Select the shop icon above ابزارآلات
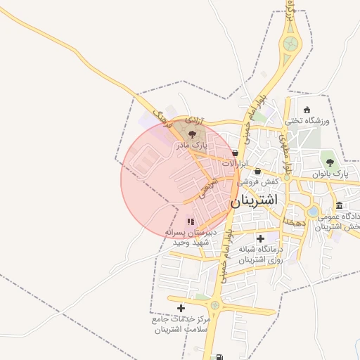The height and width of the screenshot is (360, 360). click(x=234, y=153)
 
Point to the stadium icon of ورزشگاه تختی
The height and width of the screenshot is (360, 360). click(x=307, y=110)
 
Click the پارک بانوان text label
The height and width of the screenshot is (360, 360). click(x=330, y=173)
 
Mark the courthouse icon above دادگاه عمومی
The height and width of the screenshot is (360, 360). click(x=340, y=205)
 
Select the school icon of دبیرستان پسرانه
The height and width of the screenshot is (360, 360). click(x=190, y=222)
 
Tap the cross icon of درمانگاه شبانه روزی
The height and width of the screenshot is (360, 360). click(x=261, y=239)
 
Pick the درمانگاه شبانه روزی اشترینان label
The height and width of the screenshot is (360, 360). click(x=260, y=255)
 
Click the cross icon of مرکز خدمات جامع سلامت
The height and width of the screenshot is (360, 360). click(x=181, y=308)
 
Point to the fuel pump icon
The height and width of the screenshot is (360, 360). click(x=221, y=357)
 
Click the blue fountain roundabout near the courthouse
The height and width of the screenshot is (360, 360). click(x=313, y=212)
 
